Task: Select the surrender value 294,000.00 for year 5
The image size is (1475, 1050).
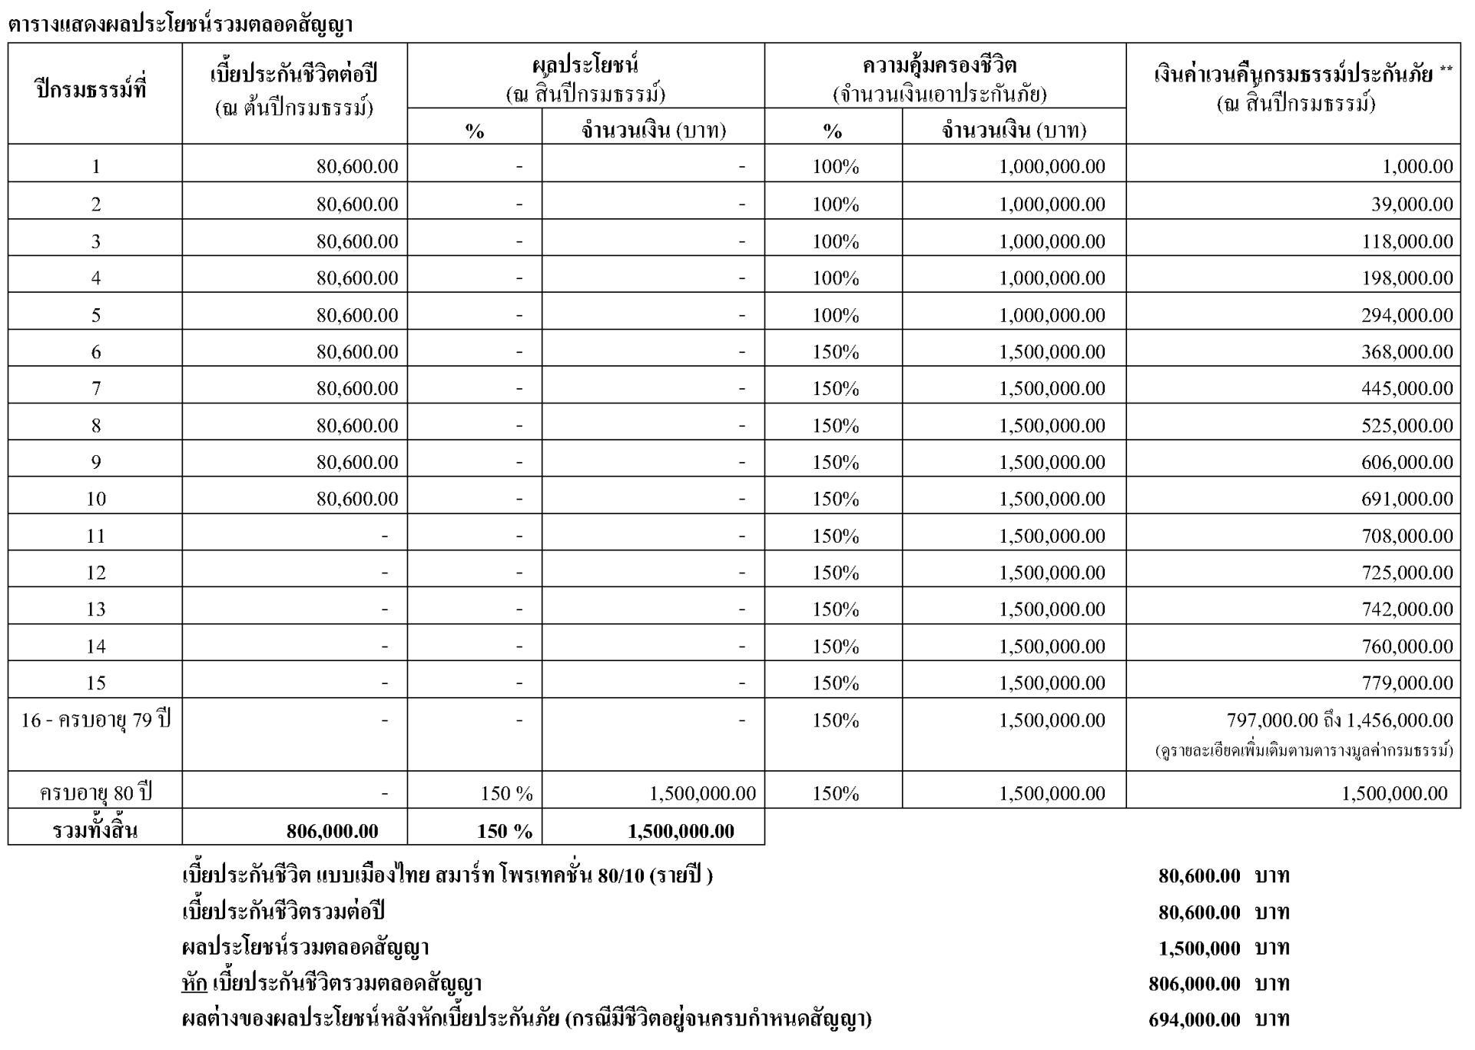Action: pyautogui.click(x=1407, y=315)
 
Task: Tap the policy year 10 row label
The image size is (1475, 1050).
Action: pyautogui.click(x=96, y=499)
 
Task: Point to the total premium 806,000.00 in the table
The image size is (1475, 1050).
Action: pyautogui.click(x=332, y=831)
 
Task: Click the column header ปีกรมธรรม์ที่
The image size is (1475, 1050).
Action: pyautogui.click(x=91, y=89)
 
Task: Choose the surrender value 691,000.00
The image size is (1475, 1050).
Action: pyautogui.click(x=1407, y=499)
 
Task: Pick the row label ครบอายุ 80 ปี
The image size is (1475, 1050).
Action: pyautogui.click(x=96, y=792)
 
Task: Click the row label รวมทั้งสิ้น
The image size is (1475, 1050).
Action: pyautogui.click(x=95, y=831)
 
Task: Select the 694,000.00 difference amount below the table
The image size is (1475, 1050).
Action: pyautogui.click(x=1194, y=1020)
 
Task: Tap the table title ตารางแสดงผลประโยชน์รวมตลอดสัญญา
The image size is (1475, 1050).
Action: pyautogui.click(x=181, y=25)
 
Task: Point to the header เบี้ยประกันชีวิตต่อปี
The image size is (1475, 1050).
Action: pyautogui.click(x=294, y=75)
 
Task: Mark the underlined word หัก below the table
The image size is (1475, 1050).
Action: pyautogui.click(x=194, y=984)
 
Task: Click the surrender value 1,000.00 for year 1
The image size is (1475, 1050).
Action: pyautogui.click(x=1417, y=167)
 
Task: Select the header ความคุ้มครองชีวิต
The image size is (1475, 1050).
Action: pyautogui.click(x=940, y=66)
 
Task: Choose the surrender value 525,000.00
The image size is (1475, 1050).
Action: pyautogui.click(x=1407, y=425)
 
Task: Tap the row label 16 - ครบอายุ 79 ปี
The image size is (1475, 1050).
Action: pyautogui.click(x=95, y=720)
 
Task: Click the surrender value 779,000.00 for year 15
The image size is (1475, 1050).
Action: pyautogui.click(x=1407, y=683)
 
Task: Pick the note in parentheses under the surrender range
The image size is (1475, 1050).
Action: pyautogui.click(x=1304, y=751)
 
